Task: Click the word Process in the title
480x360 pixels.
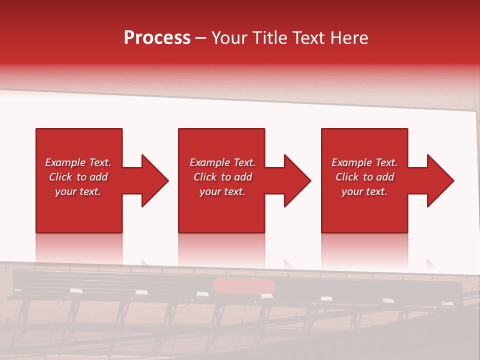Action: pyautogui.click(x=157, y=38)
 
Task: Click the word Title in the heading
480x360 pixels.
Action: pyautogui.click(x=272, y=38)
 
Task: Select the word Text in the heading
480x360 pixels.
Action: pyautogui.click(x=309, y=38)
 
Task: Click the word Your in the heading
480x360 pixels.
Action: pyautogui.click(x=231, y=38)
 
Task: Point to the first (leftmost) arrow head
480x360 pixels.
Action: pyautogui.click(x=152, y=180)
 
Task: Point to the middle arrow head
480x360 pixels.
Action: pyautogui.click(x=295, y=180)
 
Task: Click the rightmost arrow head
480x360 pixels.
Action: pyautogui.click(x=438, y=180)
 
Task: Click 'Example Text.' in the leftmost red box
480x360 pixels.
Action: pyautogui.click(x=78, y=162)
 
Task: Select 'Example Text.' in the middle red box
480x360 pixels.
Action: pyautogui.click(x=222, y=162)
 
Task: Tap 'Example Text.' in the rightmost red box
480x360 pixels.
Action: pyautogui.click(x=364, y=162)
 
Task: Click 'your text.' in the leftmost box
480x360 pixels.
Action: pyautogui.click(x=78, y=191)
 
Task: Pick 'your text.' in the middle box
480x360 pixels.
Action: pyautogui.click(x=222, y=191)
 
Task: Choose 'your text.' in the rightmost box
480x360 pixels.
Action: pyautogui.click(x=364, y=191)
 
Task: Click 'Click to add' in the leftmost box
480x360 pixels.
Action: pyautogui.click(x=78, y=177)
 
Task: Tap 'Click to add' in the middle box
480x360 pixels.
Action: pyautogui.click(x=222, y=177)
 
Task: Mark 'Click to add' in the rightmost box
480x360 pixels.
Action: pyautogui.click(x=364, y=177)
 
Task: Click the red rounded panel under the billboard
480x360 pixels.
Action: pyautogui.click(x=244, y=286)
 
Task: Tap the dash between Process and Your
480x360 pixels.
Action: pyautogui.click(x=200, y=38)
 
